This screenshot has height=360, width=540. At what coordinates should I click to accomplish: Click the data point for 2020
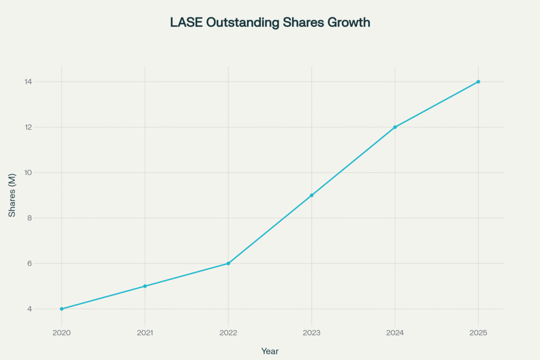[62, 309]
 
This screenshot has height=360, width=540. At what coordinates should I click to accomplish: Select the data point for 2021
[145, 286]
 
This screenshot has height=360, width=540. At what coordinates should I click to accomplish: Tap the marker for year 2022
[228, 264]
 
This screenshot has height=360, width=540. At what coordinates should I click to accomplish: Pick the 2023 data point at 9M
[312, 195]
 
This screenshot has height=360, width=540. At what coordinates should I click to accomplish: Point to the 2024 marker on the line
[395, 127]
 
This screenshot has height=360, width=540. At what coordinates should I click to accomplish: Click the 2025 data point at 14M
[478, 82]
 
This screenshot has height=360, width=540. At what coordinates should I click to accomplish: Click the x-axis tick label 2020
[62, 333]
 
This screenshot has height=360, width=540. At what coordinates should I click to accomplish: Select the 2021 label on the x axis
[145, 333]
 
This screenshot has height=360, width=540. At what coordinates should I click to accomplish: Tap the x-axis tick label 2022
[228, 333]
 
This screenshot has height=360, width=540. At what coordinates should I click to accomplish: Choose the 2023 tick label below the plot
[312, 333]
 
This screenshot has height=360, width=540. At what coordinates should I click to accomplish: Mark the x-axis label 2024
[395, 333]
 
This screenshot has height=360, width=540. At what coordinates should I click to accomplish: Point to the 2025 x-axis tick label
[478, 333]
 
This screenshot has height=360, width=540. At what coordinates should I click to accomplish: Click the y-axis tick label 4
[30, 309]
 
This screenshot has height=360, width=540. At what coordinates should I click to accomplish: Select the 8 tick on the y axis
[30, 218]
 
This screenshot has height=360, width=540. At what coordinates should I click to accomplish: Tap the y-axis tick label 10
[28, 173]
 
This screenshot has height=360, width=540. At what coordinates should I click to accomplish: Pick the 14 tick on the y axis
[28, 82]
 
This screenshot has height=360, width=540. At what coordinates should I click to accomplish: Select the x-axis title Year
[270, 351]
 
